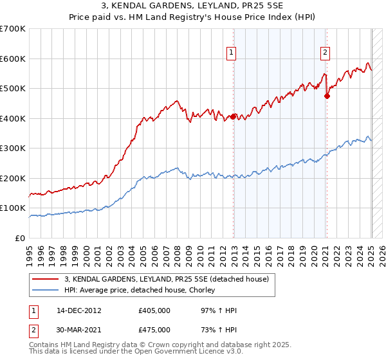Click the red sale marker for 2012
click(x=232, y=117)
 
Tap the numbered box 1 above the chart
click(x=231, y=53)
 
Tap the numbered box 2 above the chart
click(x=326, y=53)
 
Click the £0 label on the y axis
click(x=21, y=238)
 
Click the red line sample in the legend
click(x=46, y=279)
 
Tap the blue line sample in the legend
click(x=46, y=291)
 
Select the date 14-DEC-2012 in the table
click(x=79, y=310)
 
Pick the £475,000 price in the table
click(x=154, y=330)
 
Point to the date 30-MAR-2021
click(x=79, y=330)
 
